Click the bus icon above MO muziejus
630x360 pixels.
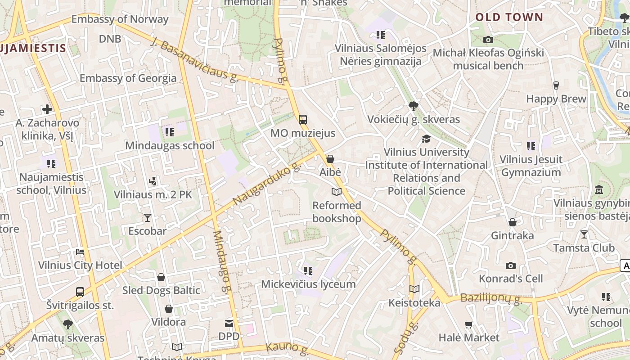(303, 119)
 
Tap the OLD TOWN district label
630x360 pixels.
(509, 18)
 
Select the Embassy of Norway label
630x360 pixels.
(120, 19)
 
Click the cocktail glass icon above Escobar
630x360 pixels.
(147, 218)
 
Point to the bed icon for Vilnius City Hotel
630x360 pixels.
(80, 252)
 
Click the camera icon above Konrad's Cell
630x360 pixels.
(510, 265)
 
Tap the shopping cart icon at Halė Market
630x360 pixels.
(469, 324)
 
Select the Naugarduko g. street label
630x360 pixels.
(267, 184)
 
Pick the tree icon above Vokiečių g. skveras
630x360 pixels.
(413, 106)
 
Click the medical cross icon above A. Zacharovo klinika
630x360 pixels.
(47, 109)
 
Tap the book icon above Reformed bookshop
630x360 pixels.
(337, 192)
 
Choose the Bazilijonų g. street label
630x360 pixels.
(491, 298)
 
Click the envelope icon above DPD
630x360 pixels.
(229, 323)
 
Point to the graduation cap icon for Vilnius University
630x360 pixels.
(426, 139)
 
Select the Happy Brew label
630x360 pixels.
(556, 99)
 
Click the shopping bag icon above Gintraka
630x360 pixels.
(512, 222)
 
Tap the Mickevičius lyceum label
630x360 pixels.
(308, 284)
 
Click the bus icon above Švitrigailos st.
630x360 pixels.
(80, 292)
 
